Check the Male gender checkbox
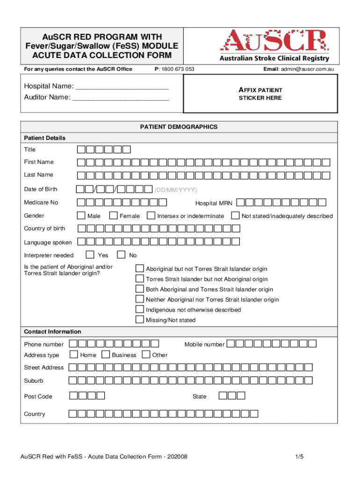81,216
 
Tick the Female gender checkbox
113,216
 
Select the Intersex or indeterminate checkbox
151,216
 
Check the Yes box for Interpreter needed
91,255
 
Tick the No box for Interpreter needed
122,255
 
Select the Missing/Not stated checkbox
139,320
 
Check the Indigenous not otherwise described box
139,310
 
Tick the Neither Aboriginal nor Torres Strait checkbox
139,299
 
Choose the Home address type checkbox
74,355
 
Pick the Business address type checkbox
106,355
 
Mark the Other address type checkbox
146,355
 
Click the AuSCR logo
273,45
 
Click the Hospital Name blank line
122,87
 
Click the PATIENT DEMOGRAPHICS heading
179,127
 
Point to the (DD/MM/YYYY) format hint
176,190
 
